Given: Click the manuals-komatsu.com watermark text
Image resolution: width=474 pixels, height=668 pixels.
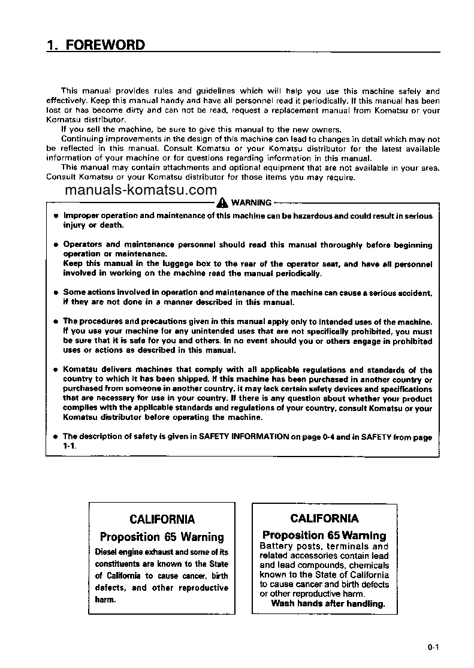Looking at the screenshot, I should [x=140, y=191].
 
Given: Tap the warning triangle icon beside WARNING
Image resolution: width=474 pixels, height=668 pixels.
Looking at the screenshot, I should [x=223, y=202].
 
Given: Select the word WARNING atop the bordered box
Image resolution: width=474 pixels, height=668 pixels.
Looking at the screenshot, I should [x=251, y=202].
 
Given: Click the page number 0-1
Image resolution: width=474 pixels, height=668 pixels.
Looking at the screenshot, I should [x=434, y=646].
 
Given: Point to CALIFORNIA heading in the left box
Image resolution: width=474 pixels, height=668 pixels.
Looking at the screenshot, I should [x=162, y=519].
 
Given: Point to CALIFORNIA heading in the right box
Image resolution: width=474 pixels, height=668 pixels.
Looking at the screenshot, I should [x=324, y=518].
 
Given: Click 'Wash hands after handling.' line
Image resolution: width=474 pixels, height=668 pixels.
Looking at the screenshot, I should [x=327, y=603].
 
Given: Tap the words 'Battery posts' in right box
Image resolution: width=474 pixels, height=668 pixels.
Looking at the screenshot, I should [x=285, y=546].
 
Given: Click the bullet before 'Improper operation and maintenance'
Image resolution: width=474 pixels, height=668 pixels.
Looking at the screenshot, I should [x=55, y=216].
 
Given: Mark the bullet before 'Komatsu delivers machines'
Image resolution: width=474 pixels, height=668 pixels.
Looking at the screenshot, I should [x=55, y=370].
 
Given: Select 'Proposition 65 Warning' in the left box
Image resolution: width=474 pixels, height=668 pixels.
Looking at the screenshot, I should [x=162, y=537].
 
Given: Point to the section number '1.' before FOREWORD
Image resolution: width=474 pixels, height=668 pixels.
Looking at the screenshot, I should [x=52, y=45].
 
